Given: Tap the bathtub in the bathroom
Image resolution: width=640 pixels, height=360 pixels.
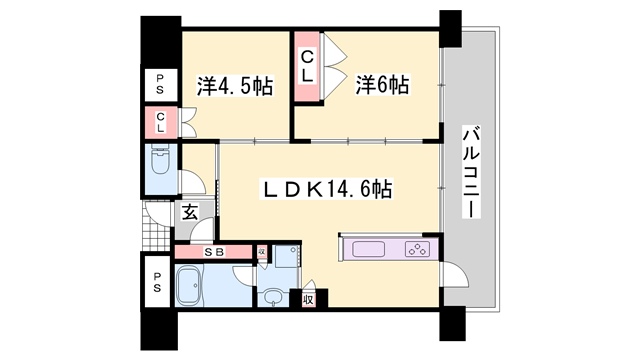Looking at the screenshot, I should point(190,286).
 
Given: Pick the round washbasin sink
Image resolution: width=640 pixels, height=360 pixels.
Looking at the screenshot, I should point(271,296).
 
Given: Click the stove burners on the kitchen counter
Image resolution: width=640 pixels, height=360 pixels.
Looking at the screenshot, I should point(415,249).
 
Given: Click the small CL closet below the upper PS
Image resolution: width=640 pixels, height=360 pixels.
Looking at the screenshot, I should point(159,123).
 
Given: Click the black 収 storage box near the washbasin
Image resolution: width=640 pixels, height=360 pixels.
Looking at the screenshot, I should point(310,298).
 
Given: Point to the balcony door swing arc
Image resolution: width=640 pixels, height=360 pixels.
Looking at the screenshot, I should point(451,276).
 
